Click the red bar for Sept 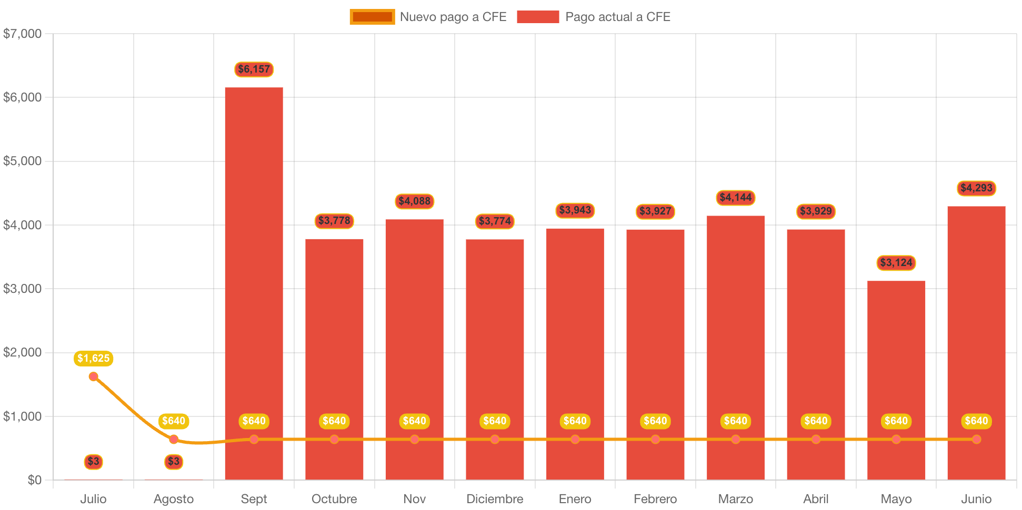click(254, 263)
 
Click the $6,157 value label click(254, 69)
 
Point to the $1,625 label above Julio click(94, 359)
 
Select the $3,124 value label click(896, 263)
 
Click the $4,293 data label click(976, 188)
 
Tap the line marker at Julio click(94, 376)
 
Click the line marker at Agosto click(174, 440)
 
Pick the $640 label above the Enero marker click(575, 421)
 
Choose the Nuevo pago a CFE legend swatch click(372, 17)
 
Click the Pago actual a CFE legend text click(618, 17)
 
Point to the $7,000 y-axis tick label click(22, 34)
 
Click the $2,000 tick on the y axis click(22, 352)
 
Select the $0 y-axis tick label click(35, 480)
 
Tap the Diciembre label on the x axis click(495, 499)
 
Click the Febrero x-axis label click(655, 499)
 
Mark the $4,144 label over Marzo click(736, 198)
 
